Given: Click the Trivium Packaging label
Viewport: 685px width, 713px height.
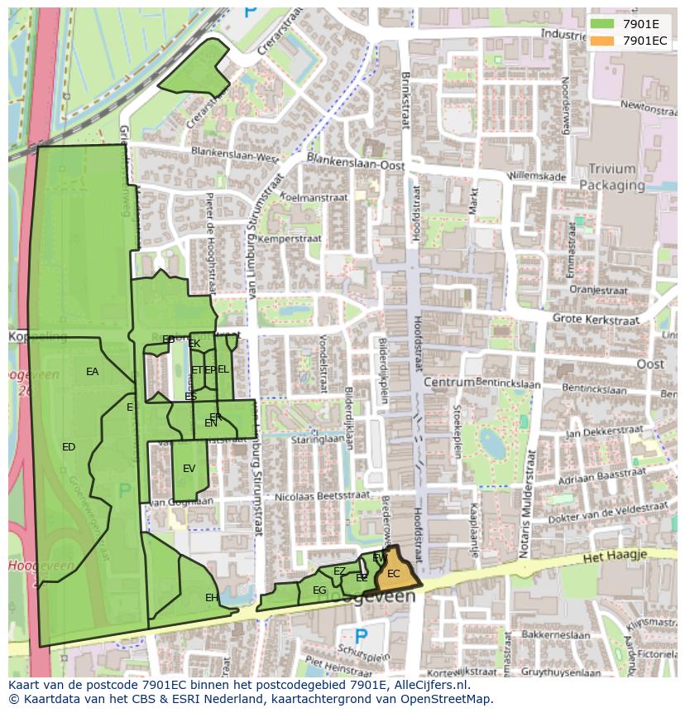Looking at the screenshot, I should tap(612, 177).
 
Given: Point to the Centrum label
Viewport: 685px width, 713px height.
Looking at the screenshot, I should tap(449, 383).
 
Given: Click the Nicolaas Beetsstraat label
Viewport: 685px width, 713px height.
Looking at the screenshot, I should tap(322, 494).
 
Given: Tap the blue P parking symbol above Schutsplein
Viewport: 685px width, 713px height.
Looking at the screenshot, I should tap(360, 636).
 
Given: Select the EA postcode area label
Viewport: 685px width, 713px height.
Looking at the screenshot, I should tap(92, 372).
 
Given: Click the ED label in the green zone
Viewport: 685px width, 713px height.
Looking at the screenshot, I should tap(69, 447).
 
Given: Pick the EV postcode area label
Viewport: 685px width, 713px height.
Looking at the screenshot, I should tap(189, 469).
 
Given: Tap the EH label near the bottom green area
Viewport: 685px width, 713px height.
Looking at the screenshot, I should tap(212, 597).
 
